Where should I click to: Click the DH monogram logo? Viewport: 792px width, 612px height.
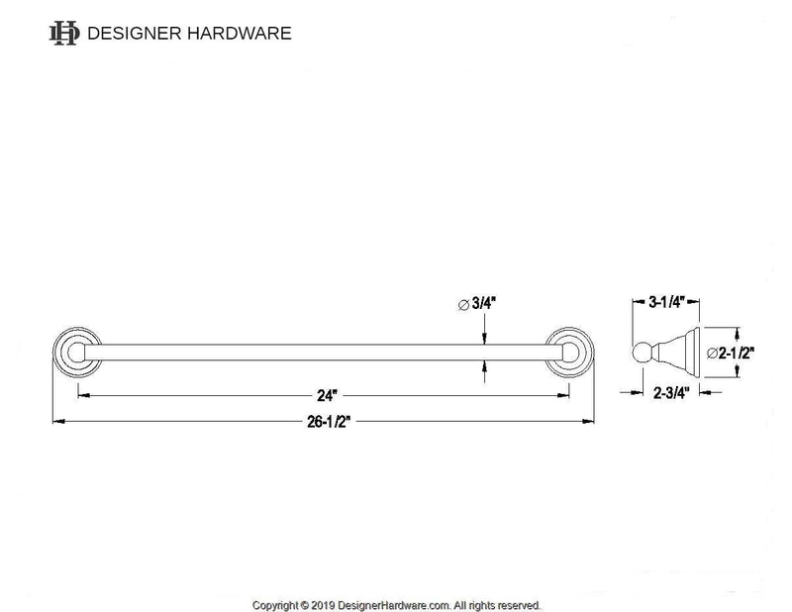point(64,34)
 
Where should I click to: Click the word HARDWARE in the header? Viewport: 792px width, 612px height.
point(244,34)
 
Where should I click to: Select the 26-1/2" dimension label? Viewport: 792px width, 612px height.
point(323,421)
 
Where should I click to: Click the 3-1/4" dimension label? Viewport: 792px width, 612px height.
point(665,303)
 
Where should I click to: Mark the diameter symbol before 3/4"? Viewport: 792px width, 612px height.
point(463,305)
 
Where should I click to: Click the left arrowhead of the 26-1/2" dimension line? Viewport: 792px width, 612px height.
point(57,421)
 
